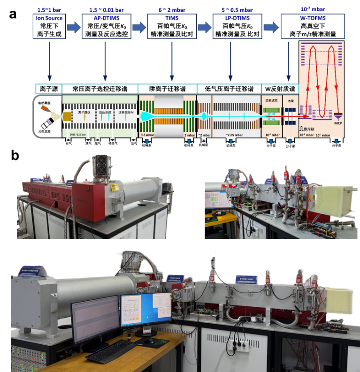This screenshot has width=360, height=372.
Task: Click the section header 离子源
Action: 49,89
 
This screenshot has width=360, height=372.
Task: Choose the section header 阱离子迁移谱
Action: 167,89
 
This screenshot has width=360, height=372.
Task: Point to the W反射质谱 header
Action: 280,89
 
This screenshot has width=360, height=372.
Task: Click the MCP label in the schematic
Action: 337,125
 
